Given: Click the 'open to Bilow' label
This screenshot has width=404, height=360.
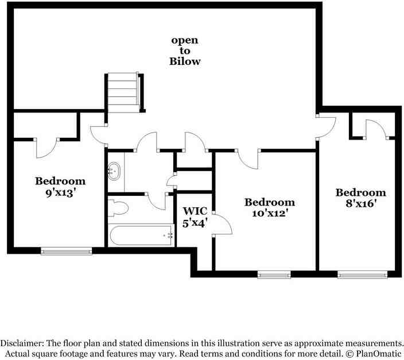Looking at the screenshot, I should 185,51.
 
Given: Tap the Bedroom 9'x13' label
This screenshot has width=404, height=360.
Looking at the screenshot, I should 60,187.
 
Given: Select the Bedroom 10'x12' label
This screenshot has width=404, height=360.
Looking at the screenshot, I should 270,207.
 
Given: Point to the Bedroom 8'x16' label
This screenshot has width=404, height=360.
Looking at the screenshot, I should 360,198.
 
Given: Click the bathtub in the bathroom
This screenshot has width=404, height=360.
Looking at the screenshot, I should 141,235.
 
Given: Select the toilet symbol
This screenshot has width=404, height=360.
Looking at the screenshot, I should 118,208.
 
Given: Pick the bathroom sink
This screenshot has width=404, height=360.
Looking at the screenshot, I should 114,170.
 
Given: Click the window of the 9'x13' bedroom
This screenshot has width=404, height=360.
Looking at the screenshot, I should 67,250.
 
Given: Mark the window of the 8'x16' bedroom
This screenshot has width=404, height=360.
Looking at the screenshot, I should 359,275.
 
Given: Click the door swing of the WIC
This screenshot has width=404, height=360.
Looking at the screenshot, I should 223,225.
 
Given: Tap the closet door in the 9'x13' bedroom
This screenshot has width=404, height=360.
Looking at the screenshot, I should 46,148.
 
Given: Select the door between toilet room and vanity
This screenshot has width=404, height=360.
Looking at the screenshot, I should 157,201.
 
